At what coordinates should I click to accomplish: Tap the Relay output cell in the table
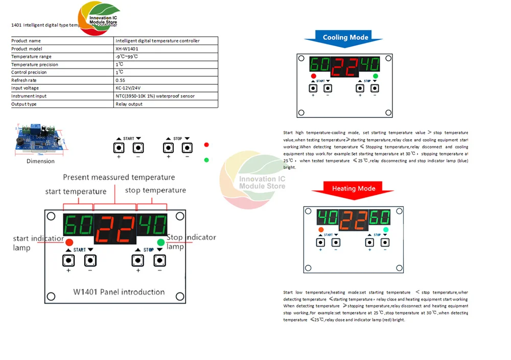(x=129, y=104)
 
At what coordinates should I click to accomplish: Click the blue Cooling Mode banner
(x=345, y=37)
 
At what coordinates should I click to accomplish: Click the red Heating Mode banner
(x=354, y=189)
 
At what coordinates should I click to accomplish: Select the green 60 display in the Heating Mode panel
(x=380, y=217)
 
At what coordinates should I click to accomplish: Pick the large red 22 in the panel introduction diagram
(x=115, y=229)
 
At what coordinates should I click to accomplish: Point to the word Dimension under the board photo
(x=40, y=161)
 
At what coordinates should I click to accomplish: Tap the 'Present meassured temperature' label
(x=119, y=177)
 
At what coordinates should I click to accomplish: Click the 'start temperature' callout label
(x=76, y=192)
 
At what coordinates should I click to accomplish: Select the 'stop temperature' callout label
(x=155, y=190)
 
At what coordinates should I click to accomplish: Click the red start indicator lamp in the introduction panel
(x=69, y=242)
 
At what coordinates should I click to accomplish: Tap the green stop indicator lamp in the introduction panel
(x=161, y=241)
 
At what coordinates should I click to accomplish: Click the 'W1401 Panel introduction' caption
(x=119, y=292)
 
